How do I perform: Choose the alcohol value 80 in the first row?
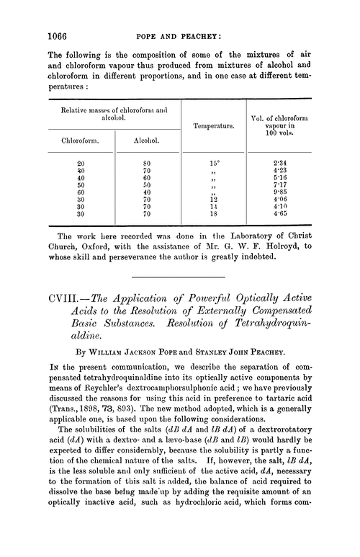tap(147, 163)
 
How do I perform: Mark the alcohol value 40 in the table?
tap(147, 193)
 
